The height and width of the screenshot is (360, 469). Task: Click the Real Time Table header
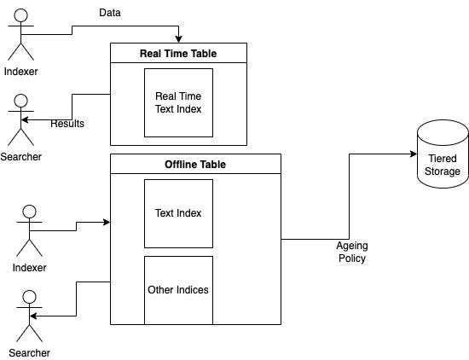pos(178,53)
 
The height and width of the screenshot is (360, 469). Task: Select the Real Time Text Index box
pos(178,102)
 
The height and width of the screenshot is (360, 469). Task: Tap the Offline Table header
pos(195,164)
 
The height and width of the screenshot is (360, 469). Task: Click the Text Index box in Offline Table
pos(178,213)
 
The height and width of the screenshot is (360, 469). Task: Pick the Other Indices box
pos(178,290)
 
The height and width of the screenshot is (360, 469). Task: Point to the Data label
pos(110,14)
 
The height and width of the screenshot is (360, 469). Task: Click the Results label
pos(67,125)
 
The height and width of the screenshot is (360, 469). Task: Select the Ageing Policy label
pos(350,252)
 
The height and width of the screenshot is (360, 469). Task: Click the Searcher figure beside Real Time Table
pos(20,119)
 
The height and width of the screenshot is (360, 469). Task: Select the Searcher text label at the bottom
pos(30,352)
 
